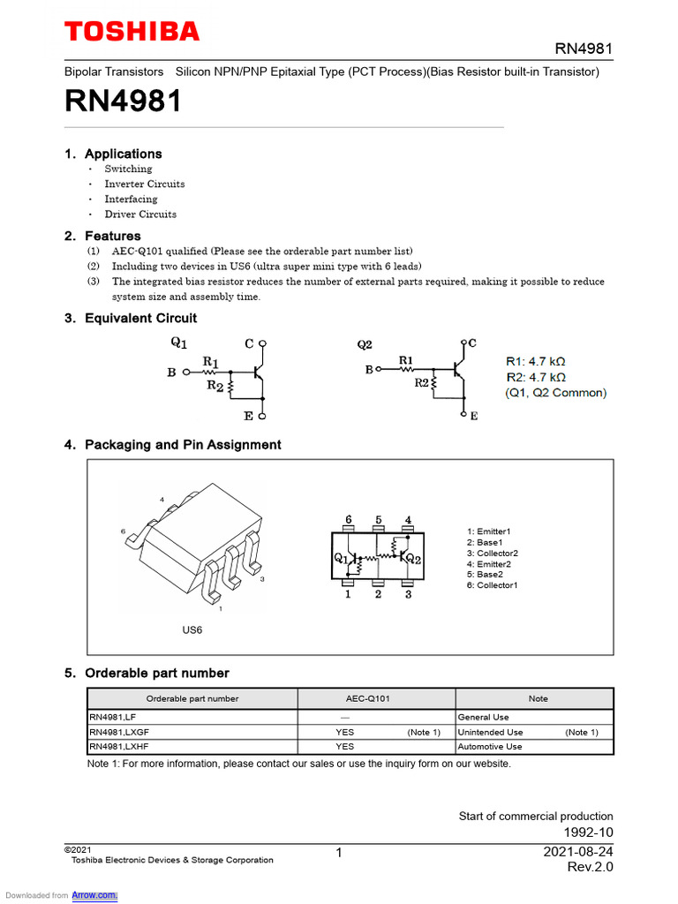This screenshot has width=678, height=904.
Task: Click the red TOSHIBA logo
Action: (132, 32)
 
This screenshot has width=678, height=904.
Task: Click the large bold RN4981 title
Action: (123, 102)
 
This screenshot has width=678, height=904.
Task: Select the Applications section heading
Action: (123, 154)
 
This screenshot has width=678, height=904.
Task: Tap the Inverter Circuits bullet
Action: (145, 184)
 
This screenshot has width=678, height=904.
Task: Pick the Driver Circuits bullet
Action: (140, 214)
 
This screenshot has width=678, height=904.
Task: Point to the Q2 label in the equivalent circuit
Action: (365, 343)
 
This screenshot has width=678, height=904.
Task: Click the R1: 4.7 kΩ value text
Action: (536, 361)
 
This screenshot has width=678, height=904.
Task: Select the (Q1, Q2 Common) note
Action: (555, 393)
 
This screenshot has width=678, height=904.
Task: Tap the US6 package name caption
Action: (192, 630)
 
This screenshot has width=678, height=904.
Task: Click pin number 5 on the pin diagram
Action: (378, 519)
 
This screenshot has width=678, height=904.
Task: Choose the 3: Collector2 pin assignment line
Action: (497, 553)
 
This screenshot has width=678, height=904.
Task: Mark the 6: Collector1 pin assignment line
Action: (497, 585)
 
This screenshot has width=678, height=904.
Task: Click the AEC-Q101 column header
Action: (367, 698)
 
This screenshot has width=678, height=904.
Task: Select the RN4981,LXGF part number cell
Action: (119, 732)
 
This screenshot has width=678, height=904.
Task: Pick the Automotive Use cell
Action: (490, 746)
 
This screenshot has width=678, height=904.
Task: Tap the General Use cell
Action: (483, 717)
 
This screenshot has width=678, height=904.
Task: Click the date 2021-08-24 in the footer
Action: (577, 851)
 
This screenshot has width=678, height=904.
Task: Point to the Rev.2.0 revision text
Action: (590, 867)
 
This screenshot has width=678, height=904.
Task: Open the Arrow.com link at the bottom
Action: (94, 895)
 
